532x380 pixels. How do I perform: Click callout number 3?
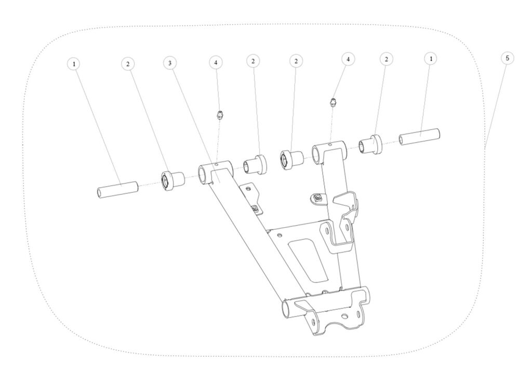click(x=170, y=63)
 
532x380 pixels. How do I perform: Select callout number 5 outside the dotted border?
click(x=507, y=58)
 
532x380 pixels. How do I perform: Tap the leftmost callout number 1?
click(x=74, y=63)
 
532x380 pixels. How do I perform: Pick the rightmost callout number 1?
click(x=431, y=59)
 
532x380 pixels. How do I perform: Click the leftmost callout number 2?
click(x=128, y=64)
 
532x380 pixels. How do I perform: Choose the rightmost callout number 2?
click(x=386, y=59)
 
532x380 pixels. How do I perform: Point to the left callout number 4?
click(x=216, y=62)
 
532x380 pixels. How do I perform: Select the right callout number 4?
click(x=348, y=59)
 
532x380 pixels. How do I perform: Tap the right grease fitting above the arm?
click(x=333, y=102)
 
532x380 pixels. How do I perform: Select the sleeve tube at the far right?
click(x=419, y=137)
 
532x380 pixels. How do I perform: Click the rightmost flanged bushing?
click(x=371, y=144)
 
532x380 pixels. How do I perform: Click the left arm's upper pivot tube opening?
click(x=204, y=175)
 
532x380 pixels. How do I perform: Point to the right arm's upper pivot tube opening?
click(x=317, y=155)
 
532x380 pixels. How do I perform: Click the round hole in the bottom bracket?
click(x=345, y=317)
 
